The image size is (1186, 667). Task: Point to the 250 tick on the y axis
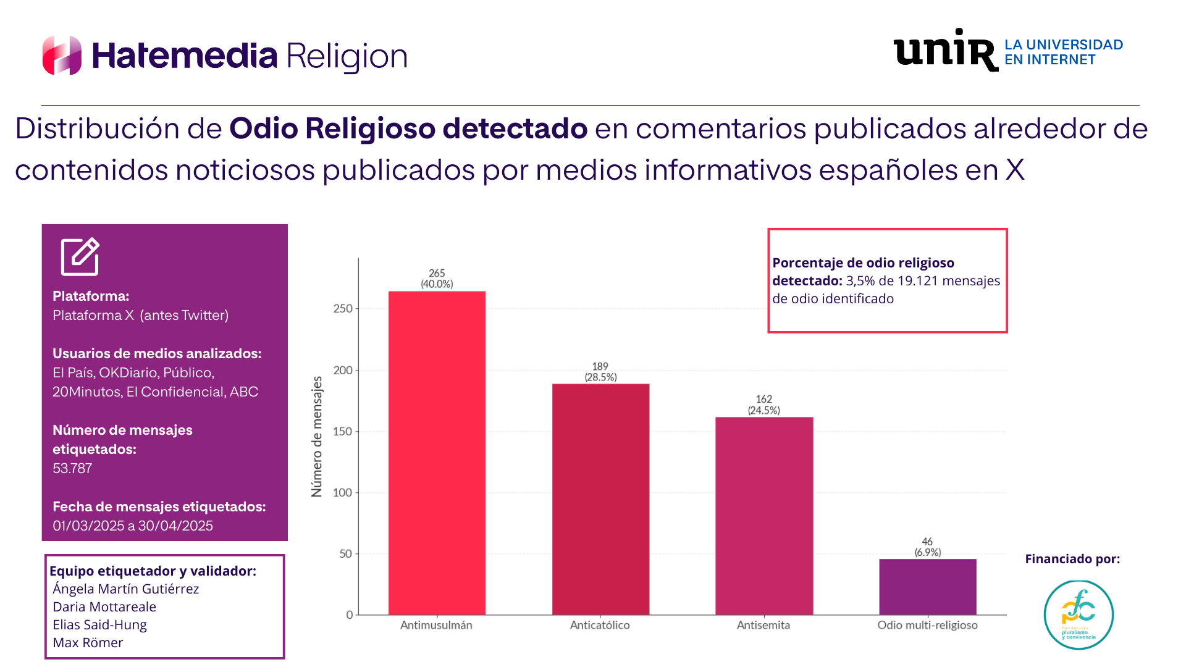click(x=343, y=308)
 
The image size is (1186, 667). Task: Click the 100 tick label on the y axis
click(x=343, y=492)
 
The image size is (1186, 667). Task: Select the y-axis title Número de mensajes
click(x=317, y=436)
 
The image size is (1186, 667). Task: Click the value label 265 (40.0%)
click(x=437, y=279)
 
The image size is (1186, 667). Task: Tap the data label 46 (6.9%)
click(x=928, y=547)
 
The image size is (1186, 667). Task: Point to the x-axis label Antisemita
click(x=763, y=625)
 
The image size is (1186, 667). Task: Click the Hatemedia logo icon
click(x=62, y=56)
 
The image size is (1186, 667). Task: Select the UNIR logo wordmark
click(x=945, y=51)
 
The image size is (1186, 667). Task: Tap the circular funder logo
click(x=1079, y=615)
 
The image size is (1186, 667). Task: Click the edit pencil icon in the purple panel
click(x=80, y=256)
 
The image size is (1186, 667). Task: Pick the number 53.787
click(x=72, y=468)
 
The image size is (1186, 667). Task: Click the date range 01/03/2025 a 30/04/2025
click(x=133, y=526)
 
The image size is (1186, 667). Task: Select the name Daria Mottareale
click(x=104, y=606)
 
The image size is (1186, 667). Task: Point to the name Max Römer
click(x=88, y=642)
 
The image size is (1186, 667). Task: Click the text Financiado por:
click(x=1072, y=559)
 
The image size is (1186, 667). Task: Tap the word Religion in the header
click(x=347, y=56)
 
